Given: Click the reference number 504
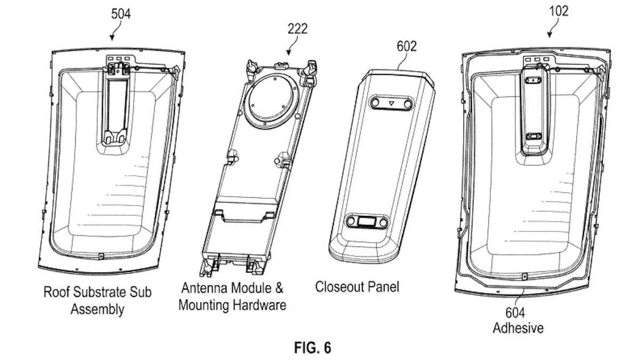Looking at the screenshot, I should click(x=120, y=14).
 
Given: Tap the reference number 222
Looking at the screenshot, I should click(x=297, y=29).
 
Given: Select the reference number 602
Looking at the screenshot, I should click(x=406, y=47).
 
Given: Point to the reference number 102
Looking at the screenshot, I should click(x=557, y=11).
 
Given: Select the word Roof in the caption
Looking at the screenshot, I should click(x=56, y=292).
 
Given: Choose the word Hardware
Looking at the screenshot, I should click(x=260, y=305).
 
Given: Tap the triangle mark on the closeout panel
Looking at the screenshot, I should click(x=391, y=102).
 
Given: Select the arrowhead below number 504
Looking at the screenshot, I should click(x=111, y=37).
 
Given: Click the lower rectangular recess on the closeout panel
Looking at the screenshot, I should click(x=366, y=221).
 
